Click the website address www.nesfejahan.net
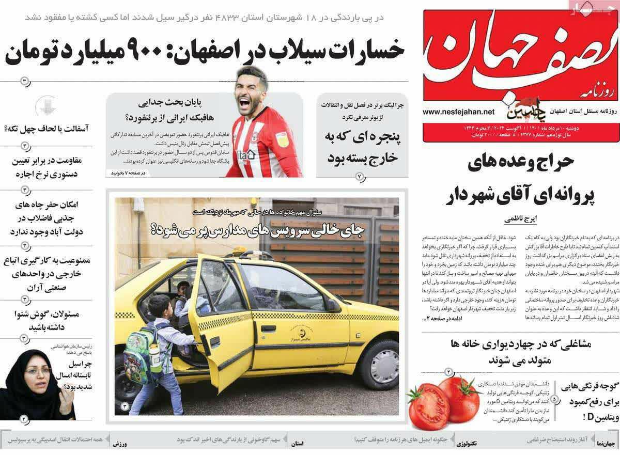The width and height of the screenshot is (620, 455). tap(458, 111)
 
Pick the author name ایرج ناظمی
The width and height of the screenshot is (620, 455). tap(520, 219)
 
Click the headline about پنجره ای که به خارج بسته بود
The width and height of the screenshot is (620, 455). tap(361, 148)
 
